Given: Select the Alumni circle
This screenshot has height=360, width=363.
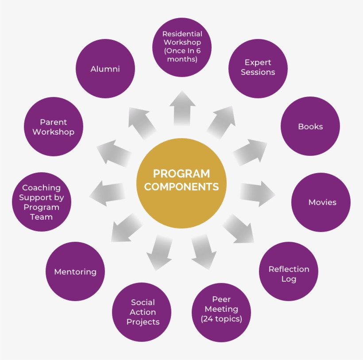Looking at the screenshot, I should point(105,69).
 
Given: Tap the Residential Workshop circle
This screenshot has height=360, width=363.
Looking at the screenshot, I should point(182,46).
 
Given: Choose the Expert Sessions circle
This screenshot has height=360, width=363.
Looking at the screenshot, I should point(258,68).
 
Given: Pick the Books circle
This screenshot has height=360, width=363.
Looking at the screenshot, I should point(310,127).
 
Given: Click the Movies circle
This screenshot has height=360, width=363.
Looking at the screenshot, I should point(321,202).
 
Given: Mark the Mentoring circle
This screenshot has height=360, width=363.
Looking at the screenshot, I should point(75,271).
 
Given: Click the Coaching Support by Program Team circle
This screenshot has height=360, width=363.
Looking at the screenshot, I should point(41,202).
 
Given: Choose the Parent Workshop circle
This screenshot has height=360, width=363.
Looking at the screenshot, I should point(53,127).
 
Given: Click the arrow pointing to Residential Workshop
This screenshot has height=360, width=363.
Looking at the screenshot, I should point(182,108).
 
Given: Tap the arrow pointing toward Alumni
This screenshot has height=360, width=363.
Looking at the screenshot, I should point(142,122).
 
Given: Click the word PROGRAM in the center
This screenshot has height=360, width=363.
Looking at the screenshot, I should point(181,173).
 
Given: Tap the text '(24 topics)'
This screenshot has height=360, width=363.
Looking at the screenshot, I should point(221,319).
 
